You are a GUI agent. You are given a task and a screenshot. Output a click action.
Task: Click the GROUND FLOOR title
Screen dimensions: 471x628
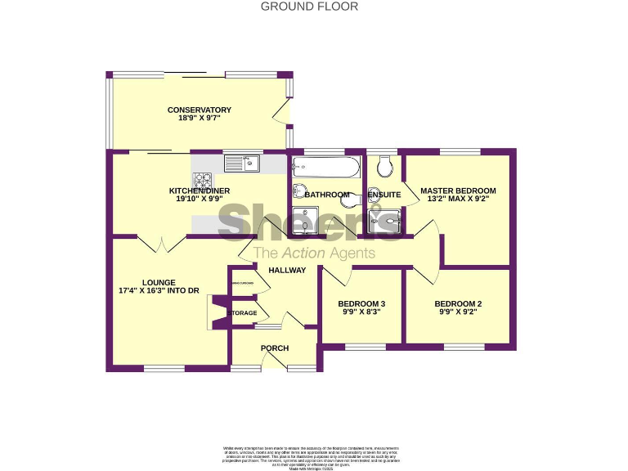[x=309, y=7]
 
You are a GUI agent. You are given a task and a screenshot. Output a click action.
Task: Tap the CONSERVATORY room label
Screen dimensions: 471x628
[x=200, y=110]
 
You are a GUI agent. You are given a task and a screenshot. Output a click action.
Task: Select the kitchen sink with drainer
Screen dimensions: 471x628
[x=241, y=163]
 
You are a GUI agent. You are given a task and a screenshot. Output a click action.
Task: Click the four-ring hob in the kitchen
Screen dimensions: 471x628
[x=202, y=177]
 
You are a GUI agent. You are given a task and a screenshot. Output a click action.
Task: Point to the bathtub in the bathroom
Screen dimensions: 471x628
[x=325, y=168]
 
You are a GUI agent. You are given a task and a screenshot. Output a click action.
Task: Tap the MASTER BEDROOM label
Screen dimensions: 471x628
[x=458, y=191]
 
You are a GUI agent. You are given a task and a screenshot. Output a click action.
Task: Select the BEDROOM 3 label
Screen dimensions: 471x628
[x=361, y=304]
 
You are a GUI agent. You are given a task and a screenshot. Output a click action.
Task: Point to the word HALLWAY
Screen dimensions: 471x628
[x=287, y=271]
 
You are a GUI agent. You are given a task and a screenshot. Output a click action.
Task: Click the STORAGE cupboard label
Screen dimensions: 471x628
[x=243, y=313]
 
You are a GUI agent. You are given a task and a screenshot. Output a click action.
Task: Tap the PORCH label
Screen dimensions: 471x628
[x=275, y=348]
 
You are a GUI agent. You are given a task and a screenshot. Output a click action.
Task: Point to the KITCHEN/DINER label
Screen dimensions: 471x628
[x=200, y=191]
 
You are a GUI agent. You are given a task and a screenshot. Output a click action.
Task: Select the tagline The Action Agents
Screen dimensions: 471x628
[x=314, y=253]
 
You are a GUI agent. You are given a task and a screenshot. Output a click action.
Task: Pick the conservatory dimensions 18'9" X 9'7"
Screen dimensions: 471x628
[x=200, y=119]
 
